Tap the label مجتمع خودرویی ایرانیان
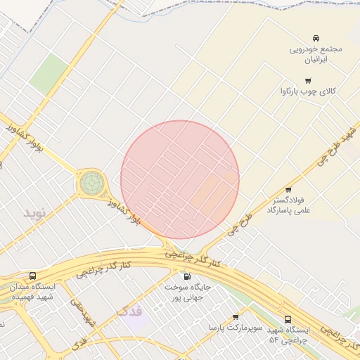[316, 55]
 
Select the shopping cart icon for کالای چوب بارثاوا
[307, 81]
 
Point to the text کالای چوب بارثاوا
[308, 92]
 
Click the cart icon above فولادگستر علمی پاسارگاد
[288, 190]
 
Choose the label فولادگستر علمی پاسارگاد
[289, 205]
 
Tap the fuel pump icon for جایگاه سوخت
[186, 276]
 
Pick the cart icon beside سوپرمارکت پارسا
[235, 317]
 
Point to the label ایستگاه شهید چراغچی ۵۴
[287, 335]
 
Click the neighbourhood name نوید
[34, 212]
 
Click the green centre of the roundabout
[90, 183]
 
